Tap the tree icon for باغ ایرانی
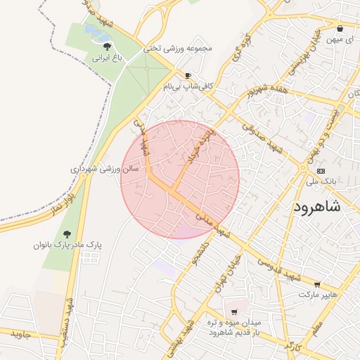[107, 46]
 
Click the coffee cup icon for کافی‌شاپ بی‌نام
[188, 75]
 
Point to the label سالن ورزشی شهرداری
[105, 169]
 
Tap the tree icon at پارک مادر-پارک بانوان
[67, 234]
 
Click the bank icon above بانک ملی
[321, 170]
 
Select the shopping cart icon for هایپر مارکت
[317, 285]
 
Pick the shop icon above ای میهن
[340, 29]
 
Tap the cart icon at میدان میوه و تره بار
[233, 311]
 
